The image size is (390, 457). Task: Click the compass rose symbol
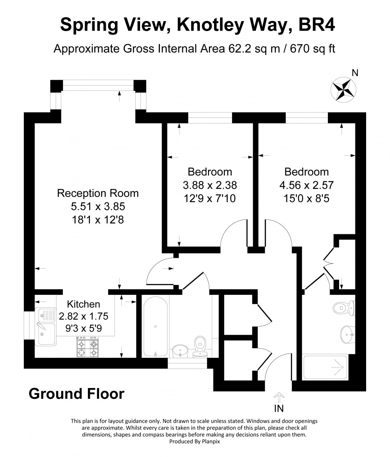point(343,90)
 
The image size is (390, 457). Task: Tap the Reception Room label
point(98,193)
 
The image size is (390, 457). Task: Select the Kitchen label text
point(84,304)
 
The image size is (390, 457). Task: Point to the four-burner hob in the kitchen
point(88,348)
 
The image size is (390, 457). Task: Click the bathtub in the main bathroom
point(156,326)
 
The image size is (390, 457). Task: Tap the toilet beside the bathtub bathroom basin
point(200,347)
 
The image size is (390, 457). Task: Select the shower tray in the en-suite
point(326,367)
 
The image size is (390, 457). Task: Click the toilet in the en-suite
point(344,308)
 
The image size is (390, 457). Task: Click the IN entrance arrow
point(279,397)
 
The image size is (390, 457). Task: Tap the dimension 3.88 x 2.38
point(210,185)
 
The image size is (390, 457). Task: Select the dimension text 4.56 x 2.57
point(306,185)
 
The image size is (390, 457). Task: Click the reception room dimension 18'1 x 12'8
point(98,220)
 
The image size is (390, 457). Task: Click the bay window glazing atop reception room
point(98,86)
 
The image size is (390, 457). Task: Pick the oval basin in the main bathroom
point(180,351)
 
